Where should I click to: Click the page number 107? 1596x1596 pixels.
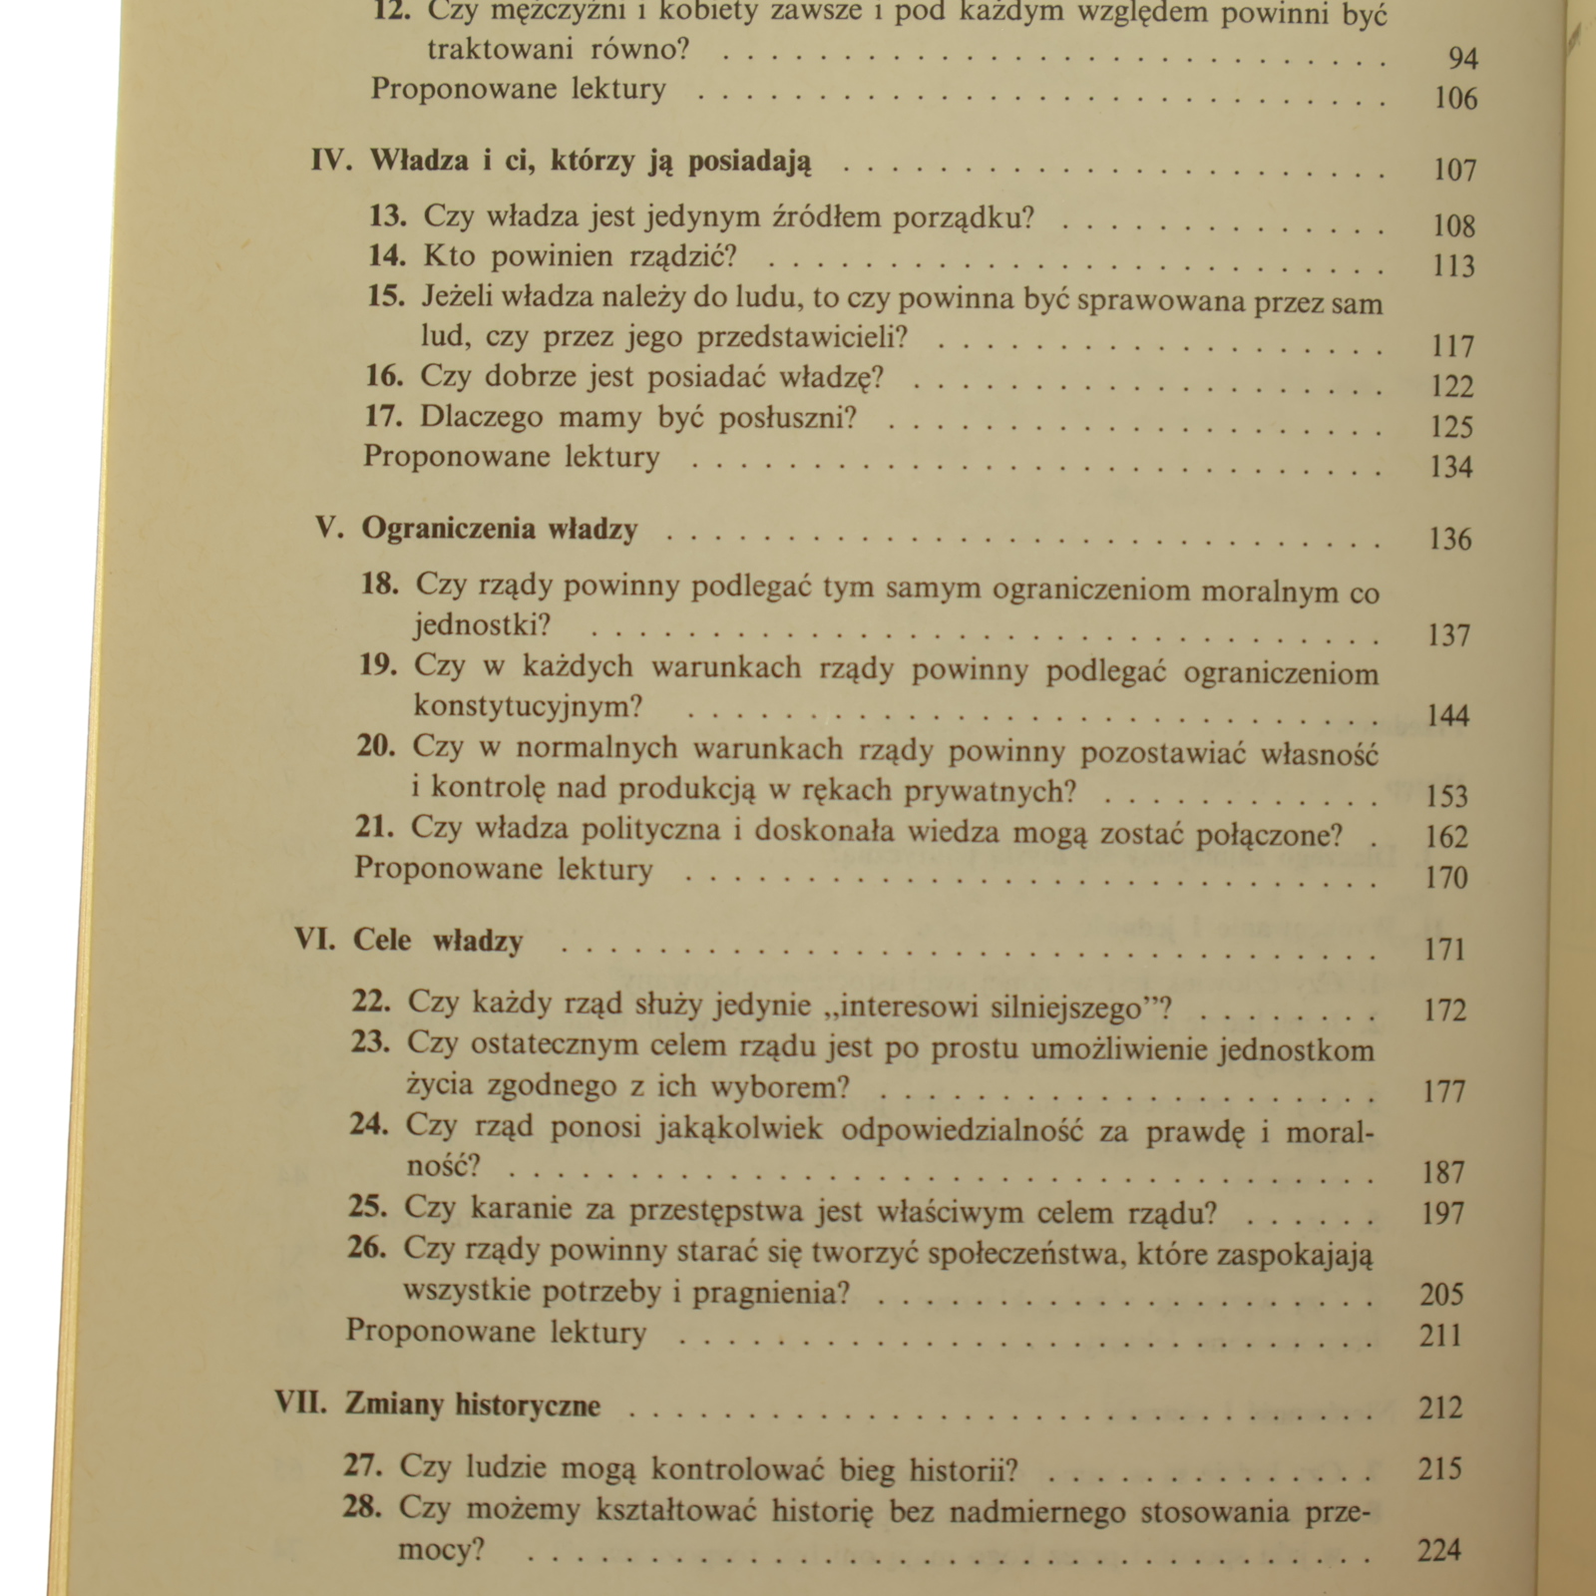[x=1454, y=170]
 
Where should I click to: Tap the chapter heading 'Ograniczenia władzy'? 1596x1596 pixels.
[x=500, y=529]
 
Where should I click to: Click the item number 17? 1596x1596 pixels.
[x=384, y=417]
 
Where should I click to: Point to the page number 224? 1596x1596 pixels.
[x=1439, y=1550]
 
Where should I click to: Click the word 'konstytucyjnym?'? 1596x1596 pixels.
[x=529, y=706]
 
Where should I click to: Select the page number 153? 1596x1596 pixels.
[x=1447, y=796]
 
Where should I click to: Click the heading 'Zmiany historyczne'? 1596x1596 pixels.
[x=473, y=1404]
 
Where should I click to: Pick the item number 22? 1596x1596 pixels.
[x=371, y=1000]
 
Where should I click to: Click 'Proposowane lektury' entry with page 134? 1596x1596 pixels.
[x=512, y=457]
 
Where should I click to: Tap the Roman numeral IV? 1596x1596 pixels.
[x=331, y=161]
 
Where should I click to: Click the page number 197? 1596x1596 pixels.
[x=1442, y=1214]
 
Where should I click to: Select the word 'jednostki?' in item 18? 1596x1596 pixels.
[x=483, y=625]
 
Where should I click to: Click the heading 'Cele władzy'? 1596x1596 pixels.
[x=438, y=941]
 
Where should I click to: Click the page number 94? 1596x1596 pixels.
[x=1462, y=59]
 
